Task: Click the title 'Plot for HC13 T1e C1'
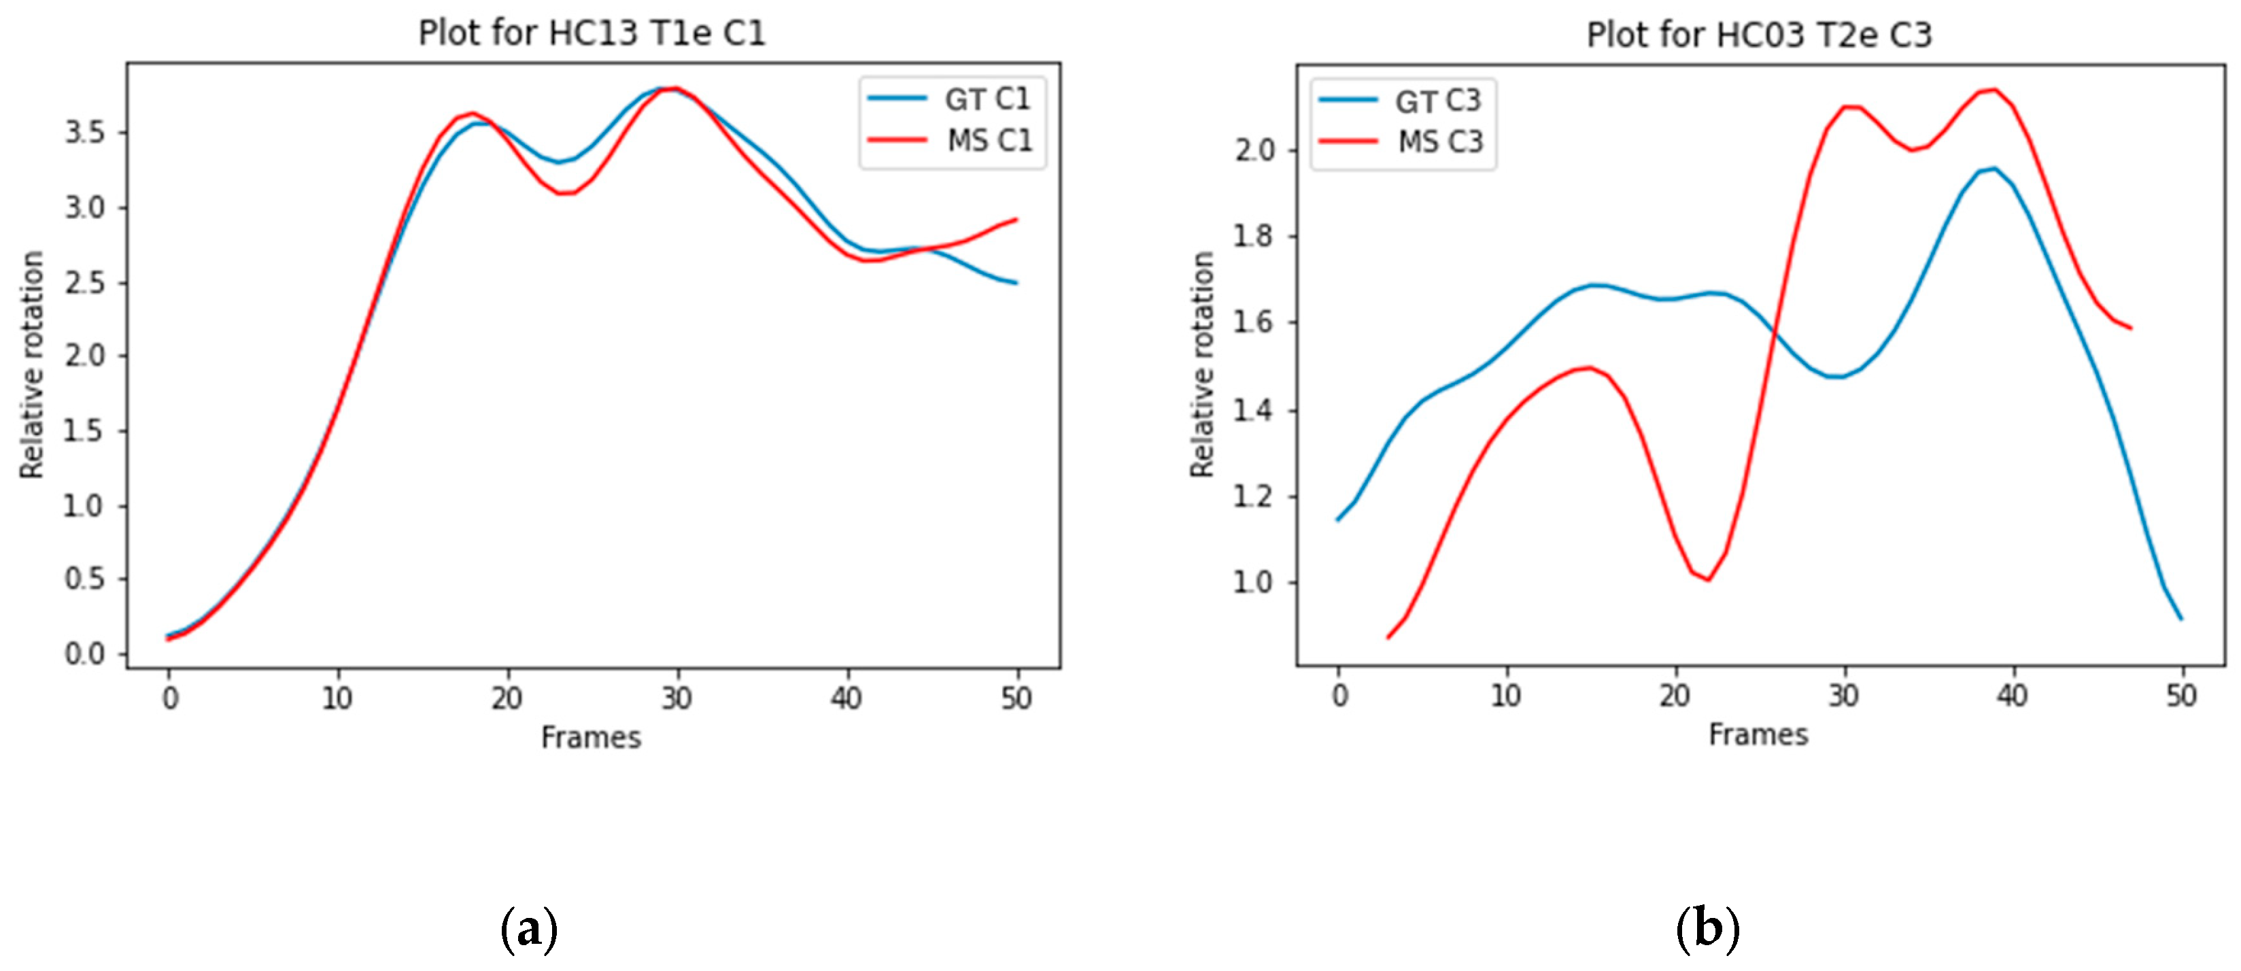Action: pos(592,33)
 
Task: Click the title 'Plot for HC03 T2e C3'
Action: pos(1758,35)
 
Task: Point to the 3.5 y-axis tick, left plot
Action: pos(85,133)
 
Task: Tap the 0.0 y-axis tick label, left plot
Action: pos(85,654)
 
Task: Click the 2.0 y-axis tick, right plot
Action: pos(1254,150)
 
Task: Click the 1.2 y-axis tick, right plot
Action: pos(1254,497)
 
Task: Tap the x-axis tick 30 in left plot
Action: pos(676,698)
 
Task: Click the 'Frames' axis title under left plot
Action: pos(591,738)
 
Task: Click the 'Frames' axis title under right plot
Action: pos(1758,735)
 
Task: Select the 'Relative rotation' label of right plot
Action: pos(1202,364)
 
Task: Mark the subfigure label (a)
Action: pos(529,930)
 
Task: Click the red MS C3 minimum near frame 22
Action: pos(1709,579)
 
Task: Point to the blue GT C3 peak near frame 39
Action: pos(1994,168)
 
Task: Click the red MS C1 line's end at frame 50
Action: pos(1016,219)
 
